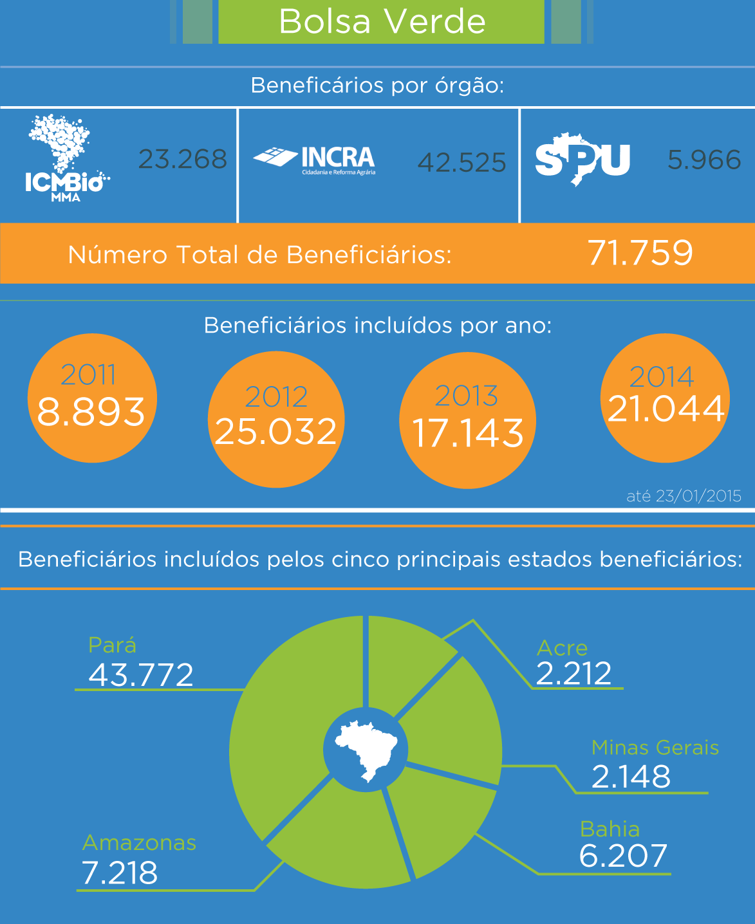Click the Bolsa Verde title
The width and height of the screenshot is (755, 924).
(x=382, y=22)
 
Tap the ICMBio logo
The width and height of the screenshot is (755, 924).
(x=64, y=158)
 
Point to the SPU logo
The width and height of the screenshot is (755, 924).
(x=583, y=160)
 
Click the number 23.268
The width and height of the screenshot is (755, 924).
(x=183, y=160)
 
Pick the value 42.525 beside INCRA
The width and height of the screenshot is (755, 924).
(x=461, y=163)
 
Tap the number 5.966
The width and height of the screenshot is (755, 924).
(x=704, y=160)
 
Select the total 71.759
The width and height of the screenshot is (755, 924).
(x=640, y=253)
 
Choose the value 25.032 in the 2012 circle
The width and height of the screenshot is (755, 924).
(x=276, y=432)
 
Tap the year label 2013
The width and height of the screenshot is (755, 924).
(x=467, y=396)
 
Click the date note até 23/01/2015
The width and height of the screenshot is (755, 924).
(x=684, y=496)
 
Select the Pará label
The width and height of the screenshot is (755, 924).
(x=113, y=645)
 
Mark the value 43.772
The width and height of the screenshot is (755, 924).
(x=141, y=675)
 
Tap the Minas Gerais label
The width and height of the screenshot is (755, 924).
(x=655, y=748)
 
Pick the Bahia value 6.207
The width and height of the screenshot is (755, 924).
(x=623, y=856)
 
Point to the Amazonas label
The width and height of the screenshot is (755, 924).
(x=139, y=843)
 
